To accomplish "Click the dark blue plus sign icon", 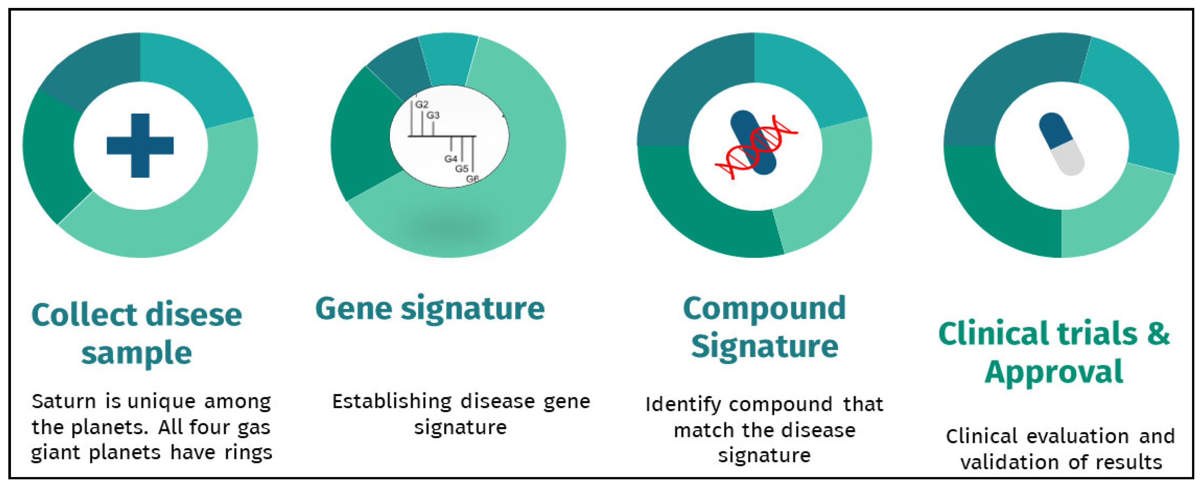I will [140, 145].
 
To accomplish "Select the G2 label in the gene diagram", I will [422, 104].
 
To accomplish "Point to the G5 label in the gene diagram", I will [461, 169].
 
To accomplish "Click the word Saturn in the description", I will [64, 401].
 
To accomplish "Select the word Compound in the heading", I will [764, 309].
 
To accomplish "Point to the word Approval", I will [1054, 372].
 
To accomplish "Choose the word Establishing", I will [392, 401].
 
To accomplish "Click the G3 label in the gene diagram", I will [433, 115].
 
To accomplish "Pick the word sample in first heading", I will [136, 353].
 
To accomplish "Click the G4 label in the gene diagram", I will [450, 159].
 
